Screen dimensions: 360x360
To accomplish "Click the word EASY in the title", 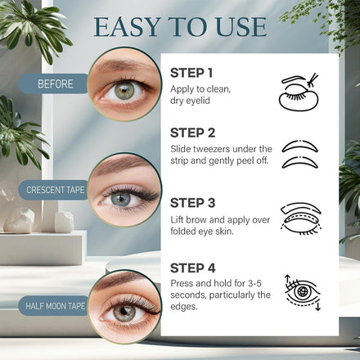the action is click(x=127, y=27).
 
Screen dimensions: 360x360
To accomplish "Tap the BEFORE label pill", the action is click(x=54, y=83).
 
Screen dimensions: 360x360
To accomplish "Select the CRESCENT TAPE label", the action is click(x=55, y=190).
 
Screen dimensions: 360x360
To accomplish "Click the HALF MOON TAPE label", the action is click(x=55, y=306).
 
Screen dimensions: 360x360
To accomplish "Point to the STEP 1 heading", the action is click(x=191, y=73).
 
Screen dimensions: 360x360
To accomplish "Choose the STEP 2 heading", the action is click(x=193, y=133).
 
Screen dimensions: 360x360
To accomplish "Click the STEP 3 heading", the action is click(x=193, y=203).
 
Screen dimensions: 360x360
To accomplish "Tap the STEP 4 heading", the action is click(x=193, y=268).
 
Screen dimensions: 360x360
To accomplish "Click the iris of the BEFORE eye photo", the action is click(x=124, y=91).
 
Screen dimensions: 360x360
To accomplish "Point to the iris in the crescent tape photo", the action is click(x=121, y=199).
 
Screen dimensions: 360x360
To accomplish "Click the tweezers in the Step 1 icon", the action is click(x=313, y=80).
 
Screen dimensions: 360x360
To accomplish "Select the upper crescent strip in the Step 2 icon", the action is click(x=300, y=146).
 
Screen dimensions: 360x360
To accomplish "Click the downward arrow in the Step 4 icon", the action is click(x=317, y=304).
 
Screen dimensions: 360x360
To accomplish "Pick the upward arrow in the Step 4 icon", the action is click(x=287, y=281).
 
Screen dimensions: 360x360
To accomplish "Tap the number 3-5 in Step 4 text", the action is click(x=254, y=283).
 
